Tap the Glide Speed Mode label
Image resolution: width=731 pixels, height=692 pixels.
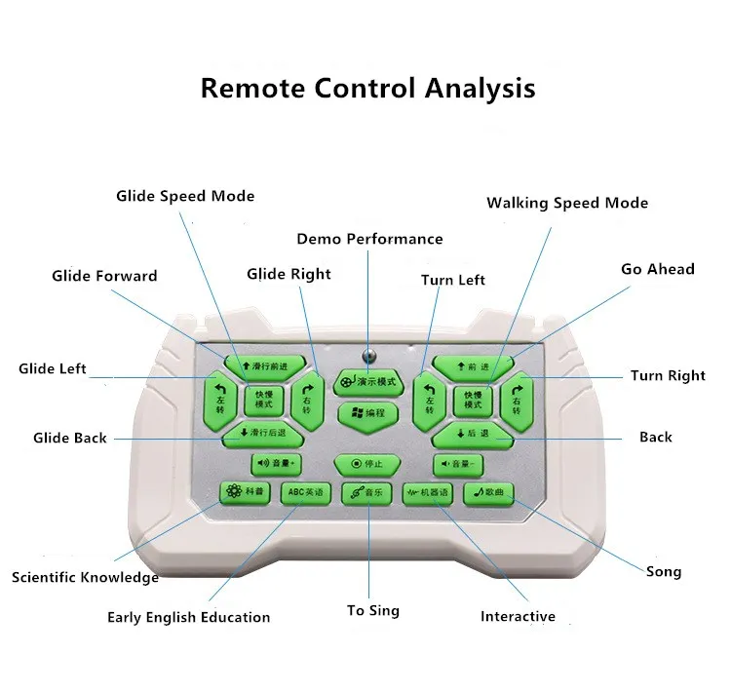[185, 196]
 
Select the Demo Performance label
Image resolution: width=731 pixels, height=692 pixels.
[369, 239]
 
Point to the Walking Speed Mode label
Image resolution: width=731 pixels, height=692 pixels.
[567, 203]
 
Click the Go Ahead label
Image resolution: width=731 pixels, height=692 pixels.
[658, 269]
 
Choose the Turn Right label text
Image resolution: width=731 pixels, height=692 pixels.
[668, 375]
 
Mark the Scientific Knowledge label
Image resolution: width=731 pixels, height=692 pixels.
[85, 577]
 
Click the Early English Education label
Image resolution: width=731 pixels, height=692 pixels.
[188, 617]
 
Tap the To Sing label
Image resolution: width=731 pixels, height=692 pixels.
[373, 610]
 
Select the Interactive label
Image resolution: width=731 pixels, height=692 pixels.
[518, 616]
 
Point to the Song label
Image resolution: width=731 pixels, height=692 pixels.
[664, 571]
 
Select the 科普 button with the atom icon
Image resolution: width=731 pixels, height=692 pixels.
[245, 492]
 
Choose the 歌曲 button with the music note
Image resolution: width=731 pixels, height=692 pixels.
[487, 492]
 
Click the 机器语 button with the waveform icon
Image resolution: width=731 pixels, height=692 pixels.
[428, 493]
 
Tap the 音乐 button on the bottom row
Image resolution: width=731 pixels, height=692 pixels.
[366, 494]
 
